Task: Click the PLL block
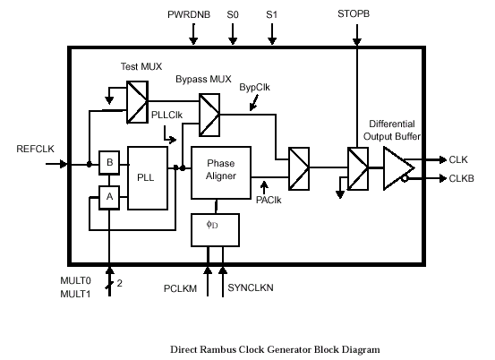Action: coord(148,178)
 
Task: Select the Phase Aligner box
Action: coord(221,173)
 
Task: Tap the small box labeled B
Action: coord(109,163)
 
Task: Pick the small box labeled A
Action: coord(109,197)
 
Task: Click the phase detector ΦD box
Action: coord(216,230)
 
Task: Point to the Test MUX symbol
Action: coord(137,102)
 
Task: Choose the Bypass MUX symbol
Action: coord(209,115)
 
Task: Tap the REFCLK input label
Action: coord(36,149)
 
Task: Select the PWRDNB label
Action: coord(189,14)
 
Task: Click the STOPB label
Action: coord(354,14)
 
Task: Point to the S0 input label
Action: coord(233,14)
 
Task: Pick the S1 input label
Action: coord(271,14)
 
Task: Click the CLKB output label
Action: coord(462,178)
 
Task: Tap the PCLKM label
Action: coord(180,288)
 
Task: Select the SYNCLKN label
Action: coord(251,287)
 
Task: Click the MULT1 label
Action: coord(75,294)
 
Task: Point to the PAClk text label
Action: coord(269,200)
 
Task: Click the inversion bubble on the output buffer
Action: coord(405,179)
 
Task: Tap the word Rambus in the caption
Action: coord(218,349)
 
